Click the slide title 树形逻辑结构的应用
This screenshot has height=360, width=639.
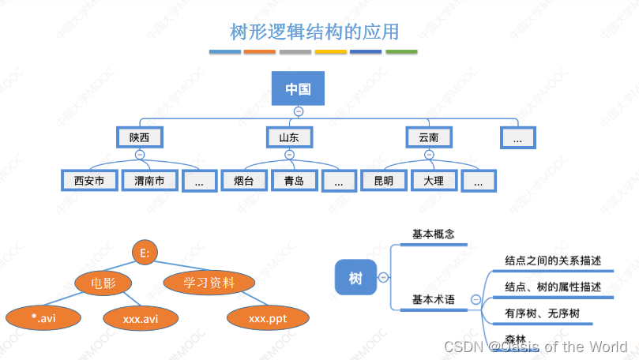click(314, 32)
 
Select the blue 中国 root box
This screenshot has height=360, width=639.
click(298, 88)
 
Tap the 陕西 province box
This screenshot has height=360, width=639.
click(140, 137)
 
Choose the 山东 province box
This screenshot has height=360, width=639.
click(289, 137)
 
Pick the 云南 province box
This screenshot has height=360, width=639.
click(428, 137)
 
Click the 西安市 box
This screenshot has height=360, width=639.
click(89, 181)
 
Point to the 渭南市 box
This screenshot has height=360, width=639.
click(149, 181)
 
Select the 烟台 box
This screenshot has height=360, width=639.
click(243, 181)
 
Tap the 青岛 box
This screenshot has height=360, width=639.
click(294, 181)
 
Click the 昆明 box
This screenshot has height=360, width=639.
click(383, 181)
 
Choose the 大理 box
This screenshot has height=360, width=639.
click(434, 181)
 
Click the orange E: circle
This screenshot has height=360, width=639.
click(145, 253)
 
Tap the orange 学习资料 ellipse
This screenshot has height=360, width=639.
click(209, 282)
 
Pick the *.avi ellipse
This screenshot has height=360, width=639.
click(44, 318)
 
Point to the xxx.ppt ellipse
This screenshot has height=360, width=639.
click(267, 318)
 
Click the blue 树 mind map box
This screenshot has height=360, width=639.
click(355, 277)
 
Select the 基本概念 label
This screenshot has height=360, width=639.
click(434, 234)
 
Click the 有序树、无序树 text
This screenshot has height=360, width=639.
click(542, 313)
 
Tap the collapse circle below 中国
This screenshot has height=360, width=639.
click(298, 111)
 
